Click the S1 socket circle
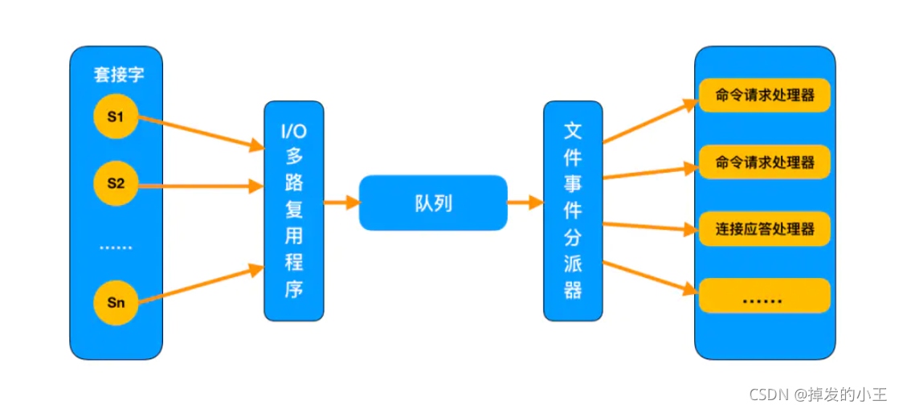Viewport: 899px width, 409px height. (116, 117)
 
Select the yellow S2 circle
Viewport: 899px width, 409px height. (116, 183)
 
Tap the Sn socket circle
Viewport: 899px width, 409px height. (116, 303)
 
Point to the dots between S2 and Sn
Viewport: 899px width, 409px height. (116, 247)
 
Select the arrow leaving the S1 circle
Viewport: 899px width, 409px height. (201, 132)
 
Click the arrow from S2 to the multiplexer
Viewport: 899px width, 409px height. (201, 186)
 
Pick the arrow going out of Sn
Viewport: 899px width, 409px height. (201, 285)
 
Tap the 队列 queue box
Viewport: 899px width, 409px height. (433, 203)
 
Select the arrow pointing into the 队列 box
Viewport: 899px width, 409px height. (341, 203)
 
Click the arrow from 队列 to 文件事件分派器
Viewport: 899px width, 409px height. (525, 203)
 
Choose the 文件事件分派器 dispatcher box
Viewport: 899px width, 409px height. (573, 211)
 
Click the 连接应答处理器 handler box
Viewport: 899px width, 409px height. (764, 229)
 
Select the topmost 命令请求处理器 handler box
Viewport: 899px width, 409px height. (764, 96)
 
